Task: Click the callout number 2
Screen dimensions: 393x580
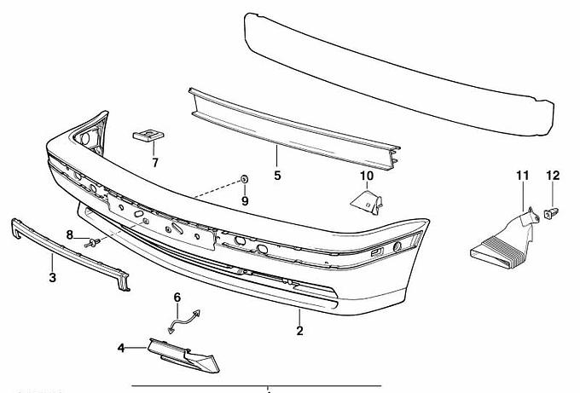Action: tap(299, 331)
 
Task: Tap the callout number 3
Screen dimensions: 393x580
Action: tap(52, 278)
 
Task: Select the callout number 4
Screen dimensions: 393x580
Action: tap(121, 348)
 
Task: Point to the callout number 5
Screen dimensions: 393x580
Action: tap(277, 176)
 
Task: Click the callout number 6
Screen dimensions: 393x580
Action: tap(177, 298)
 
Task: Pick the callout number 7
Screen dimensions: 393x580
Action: tap(155, 161)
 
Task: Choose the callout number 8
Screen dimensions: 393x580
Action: tap(71, 234)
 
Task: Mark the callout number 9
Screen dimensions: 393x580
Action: tap(244, 201)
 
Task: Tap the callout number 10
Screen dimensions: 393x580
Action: tap(367, 176)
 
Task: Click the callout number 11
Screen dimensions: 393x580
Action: tap(522, 176)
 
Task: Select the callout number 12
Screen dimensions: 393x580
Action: tap(552, 176)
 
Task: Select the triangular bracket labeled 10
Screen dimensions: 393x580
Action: tap(368, 204)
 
